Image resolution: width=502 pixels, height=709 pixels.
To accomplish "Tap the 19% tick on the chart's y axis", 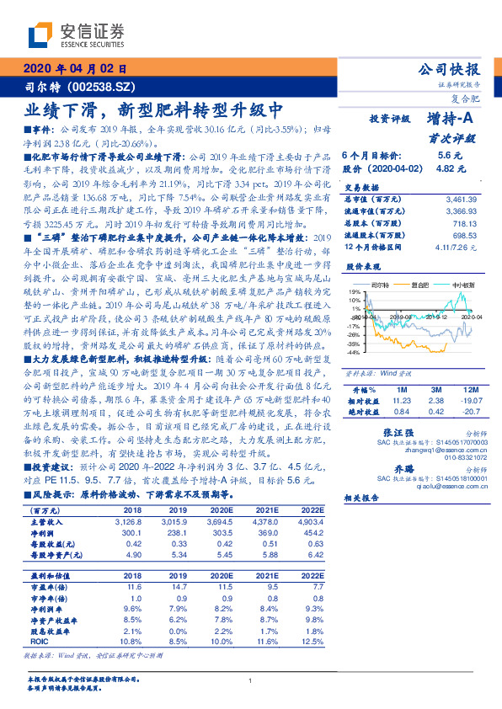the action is [x=352, y=291].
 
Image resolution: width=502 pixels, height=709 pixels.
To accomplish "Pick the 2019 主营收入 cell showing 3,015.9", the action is [x=189, y=521].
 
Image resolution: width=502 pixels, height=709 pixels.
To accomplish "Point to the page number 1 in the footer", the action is [x=251, y=681].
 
